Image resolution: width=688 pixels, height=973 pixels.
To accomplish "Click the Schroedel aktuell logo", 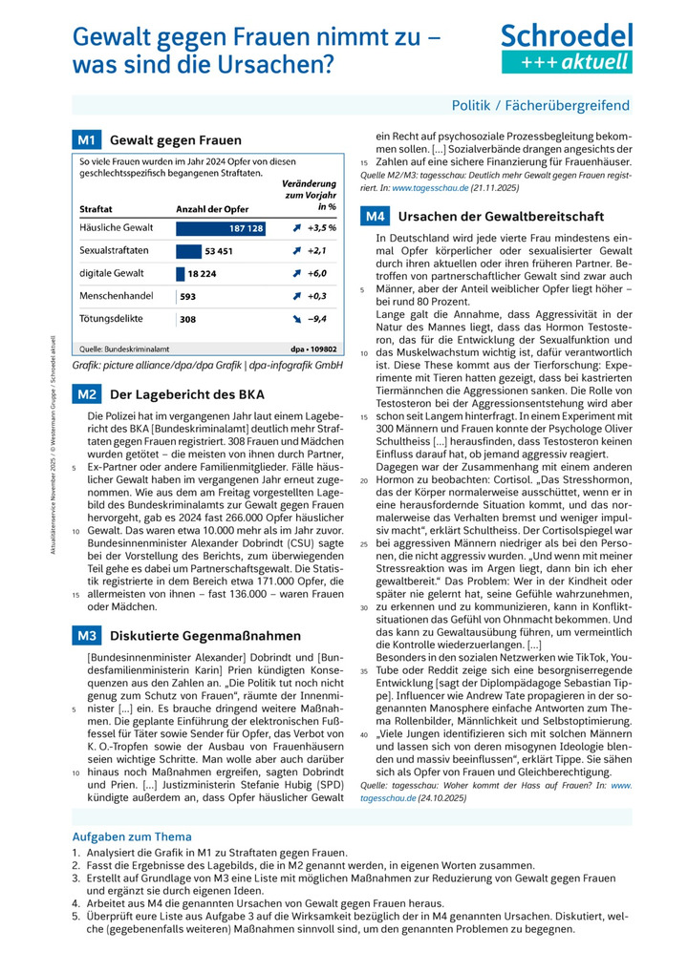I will point(567,48).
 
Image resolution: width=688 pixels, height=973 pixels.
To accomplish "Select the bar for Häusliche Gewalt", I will point(221,230).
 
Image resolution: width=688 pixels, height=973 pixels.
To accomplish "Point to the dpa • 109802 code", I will point(314,349).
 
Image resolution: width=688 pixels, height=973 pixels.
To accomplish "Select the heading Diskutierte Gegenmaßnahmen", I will point(204,635).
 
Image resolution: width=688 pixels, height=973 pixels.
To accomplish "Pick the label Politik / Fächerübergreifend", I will point(541,105).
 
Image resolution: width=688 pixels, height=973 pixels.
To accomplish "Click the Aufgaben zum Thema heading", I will point(132,837).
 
